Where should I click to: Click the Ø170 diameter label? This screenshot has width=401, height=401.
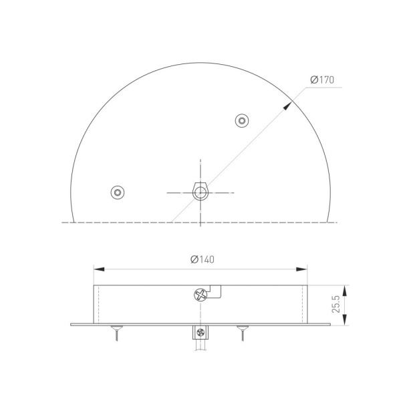[322, 81]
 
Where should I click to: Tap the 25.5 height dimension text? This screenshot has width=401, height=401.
[336, 304]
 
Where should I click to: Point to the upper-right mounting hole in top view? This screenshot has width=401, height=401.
[242, 120]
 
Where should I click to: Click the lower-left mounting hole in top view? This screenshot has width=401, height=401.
[118, 192]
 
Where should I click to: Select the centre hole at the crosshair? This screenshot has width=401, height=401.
[200, 192]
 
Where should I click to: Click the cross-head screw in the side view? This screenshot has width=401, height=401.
[200, 295]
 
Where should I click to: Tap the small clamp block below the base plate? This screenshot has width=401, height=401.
[200, 332]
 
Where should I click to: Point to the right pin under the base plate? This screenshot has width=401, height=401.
[241, 332]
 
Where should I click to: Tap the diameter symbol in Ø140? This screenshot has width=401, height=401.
[192, 259]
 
